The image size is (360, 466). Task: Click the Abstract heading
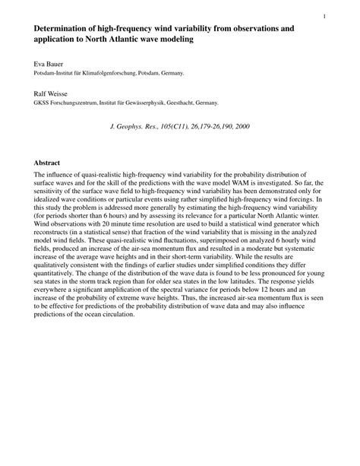coord(47,163)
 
